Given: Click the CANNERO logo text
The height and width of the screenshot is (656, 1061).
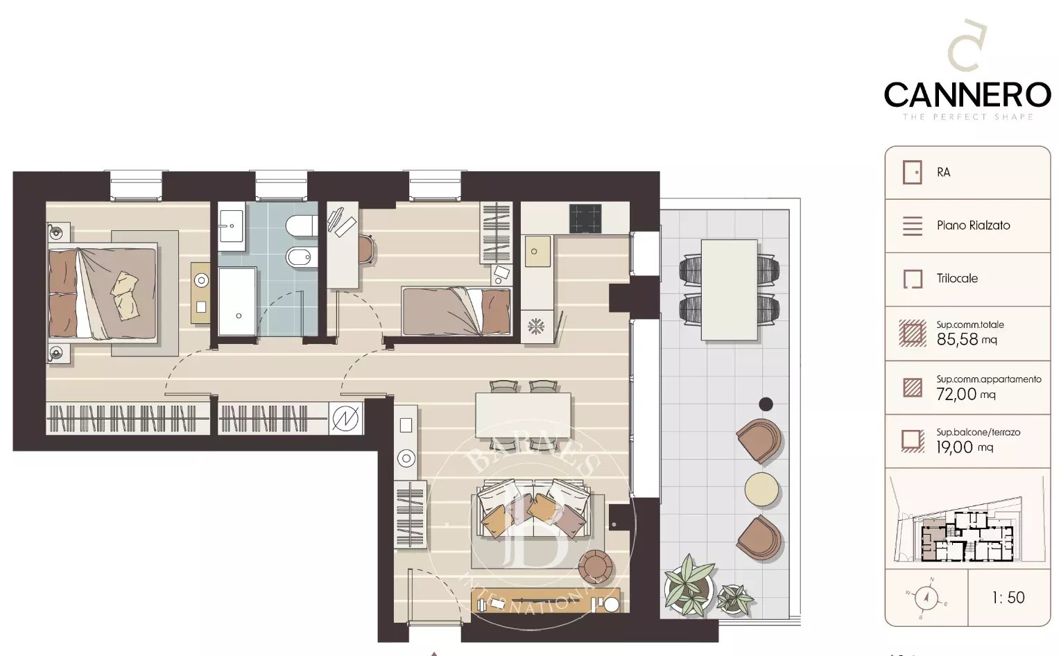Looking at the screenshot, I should click(x=967, y=95).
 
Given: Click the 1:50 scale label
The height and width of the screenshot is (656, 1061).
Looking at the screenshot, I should click(x=1008, y=598).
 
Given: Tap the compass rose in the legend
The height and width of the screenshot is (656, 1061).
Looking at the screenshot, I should click(x=926, y=596).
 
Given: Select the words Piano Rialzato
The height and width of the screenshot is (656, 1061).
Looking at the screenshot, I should click(x=973, y=225).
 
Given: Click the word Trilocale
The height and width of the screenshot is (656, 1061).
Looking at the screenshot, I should click(x=957, y=279).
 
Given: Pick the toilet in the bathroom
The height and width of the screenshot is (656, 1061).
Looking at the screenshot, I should click(x=301, y=226).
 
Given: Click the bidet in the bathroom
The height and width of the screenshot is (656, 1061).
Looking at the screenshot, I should click(x=301, y=258).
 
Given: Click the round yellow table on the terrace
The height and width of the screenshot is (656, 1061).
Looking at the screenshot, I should click(x=761, y=490).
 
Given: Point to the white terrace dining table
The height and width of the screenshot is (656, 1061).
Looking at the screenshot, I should click(x=729, y=290).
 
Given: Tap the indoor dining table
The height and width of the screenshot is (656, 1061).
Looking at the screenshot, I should click(x=524, y=415).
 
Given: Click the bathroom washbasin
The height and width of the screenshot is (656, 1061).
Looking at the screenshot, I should click(x=231, y=226).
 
